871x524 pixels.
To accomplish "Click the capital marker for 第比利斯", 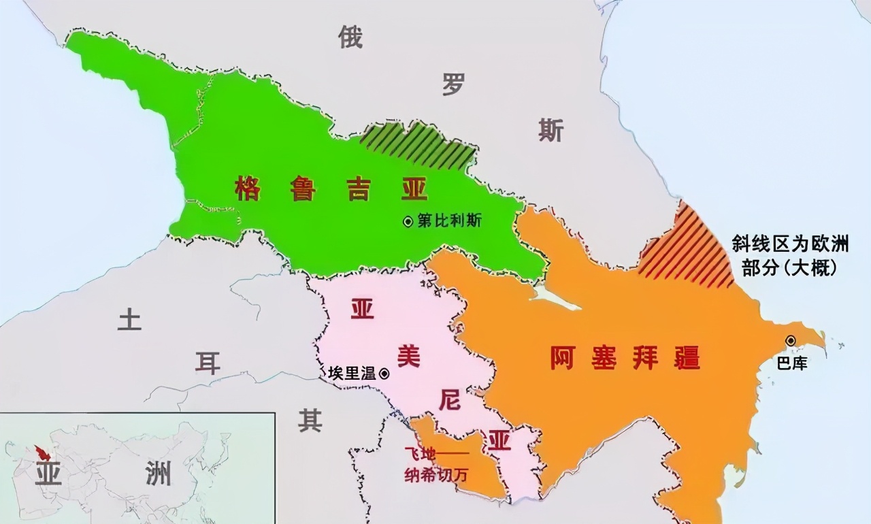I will pyautogui.click(x=408, y=221).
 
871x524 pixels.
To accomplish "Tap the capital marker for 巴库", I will pyautogui.click(x=791, y=340).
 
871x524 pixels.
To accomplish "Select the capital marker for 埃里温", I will pyautogui.click(x=384, y=373).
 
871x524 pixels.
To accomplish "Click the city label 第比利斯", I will pyautogui.click(x=449, y=221).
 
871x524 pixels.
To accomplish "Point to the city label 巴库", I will pyautogui.click(x=792, y=363).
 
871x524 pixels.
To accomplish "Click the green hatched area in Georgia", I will pyautogui.click(x=416, y=145).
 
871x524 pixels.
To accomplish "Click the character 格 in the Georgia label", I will pyautogui.click(x=248, y=187).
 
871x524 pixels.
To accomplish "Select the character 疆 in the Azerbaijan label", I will pyautogui.click(x=687, y=357).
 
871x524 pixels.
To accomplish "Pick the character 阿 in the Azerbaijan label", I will pyautogui.click(x=564, y=357).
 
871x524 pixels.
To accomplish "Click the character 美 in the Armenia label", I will pyautogui.click(x=408, y=356).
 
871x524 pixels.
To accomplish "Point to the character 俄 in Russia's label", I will pyautogui.click(x=350, y=37).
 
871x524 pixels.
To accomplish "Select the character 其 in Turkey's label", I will pyautogui.click(x=310, y=421).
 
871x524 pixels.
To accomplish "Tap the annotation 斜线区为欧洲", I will pyautogui.click(x=800, y=244).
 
